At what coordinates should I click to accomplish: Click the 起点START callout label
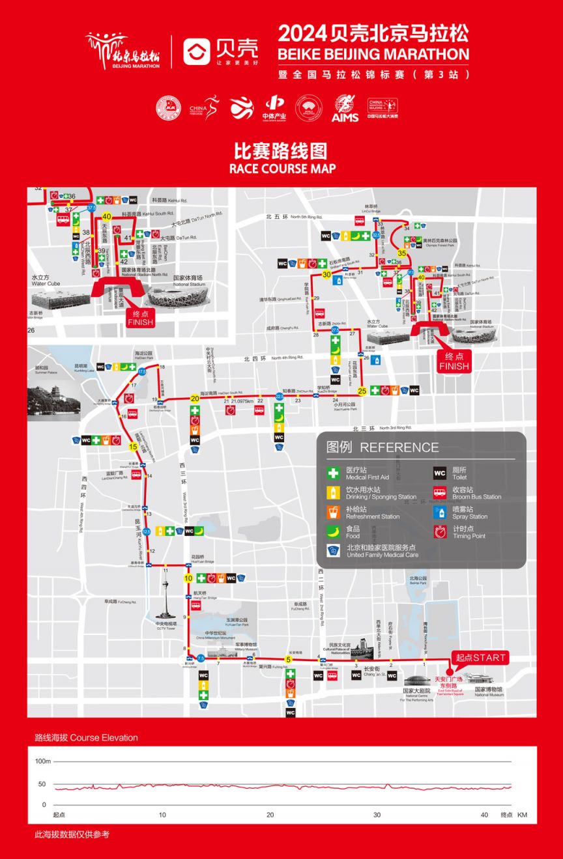(480, 658)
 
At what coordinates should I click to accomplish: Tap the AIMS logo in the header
(345, 108)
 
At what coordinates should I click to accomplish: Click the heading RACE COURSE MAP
(282, 169)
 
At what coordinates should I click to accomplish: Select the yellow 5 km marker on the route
(288, 659)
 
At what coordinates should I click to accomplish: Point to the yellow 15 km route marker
(133, 447)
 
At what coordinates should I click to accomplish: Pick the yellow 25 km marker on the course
(362, 391)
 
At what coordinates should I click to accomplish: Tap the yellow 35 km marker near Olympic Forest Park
(402, 253)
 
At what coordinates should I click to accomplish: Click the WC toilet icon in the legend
(440, 473)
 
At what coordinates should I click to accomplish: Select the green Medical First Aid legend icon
(334, 473)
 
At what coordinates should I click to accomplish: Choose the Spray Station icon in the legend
(440, 513)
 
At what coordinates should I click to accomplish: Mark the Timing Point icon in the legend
(440, 532)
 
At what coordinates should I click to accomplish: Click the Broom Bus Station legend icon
(440, 493)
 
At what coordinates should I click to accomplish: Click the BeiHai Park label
(418, 580)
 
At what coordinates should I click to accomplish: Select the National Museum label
(489, 691)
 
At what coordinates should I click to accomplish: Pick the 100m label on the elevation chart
(42, 761)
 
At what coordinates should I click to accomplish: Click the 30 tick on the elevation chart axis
(377, 815)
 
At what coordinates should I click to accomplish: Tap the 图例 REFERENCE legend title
(383, 447)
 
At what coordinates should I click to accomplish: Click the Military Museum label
(246, 647)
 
